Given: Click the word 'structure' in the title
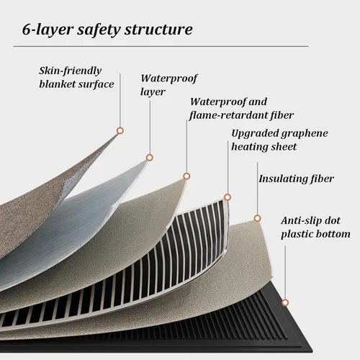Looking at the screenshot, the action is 158,30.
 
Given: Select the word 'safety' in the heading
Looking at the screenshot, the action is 99,30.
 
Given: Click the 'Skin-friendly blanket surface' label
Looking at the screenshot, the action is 76,77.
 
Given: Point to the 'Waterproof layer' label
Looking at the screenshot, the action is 168,85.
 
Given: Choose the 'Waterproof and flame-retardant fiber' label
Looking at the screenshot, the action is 241,109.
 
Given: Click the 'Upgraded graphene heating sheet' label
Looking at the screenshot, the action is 279,140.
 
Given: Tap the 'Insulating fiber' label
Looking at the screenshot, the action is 297,179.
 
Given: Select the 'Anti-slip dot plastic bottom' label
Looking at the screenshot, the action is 315,228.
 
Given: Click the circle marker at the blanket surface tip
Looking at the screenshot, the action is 120,131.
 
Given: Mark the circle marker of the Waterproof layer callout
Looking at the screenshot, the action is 150,158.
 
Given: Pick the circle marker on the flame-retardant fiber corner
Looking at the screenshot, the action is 186,176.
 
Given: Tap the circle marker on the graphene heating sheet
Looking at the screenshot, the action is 228,197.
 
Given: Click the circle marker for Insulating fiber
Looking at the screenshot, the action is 258,218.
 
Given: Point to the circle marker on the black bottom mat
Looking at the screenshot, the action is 285,303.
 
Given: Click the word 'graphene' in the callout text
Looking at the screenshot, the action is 305,134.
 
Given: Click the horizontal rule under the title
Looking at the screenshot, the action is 161,46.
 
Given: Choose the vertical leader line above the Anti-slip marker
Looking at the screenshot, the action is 285,273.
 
